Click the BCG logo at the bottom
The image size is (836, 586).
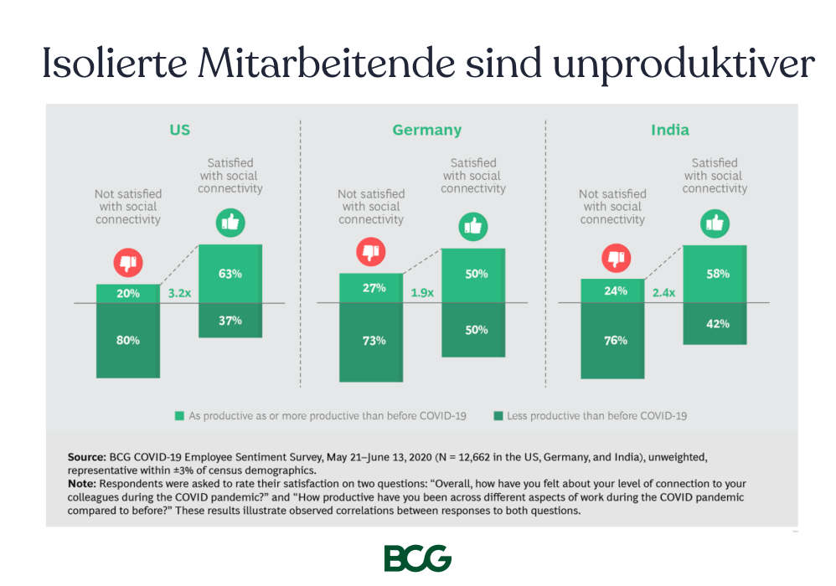[x=417, y=558]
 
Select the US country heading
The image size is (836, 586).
[x=179, y=130]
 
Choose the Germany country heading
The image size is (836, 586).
[x=426, y=130]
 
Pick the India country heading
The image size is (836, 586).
[x=670, y=130]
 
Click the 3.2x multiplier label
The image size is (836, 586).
[x=179, y=294]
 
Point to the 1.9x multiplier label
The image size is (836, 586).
[x=421, y=294]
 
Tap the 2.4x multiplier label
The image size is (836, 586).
[x=663, y=294]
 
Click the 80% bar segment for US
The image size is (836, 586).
[x=128, y=341]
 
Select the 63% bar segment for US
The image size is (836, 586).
[x=230, y=274]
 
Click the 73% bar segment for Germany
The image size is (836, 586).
[x=371, y=341]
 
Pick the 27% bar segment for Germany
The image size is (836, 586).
[x=371, y=288]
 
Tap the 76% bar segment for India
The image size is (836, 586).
[x=613, y=341]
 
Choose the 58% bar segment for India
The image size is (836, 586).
[x=715, y=274]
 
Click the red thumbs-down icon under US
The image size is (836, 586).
[x=128, y=263]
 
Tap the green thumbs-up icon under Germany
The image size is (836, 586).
[x=473, y=226]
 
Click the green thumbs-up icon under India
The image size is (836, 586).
[x=715, y=224]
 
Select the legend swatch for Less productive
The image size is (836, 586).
[x=498, y=415]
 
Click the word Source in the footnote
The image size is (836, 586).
[x=86, y=458]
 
